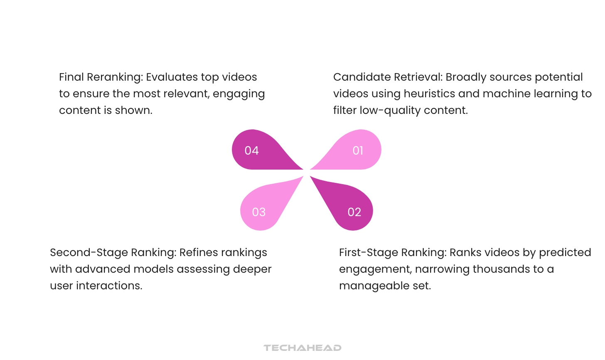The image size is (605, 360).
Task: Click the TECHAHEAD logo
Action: click(x=302, y=348)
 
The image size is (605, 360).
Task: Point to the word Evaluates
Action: click(x=172, y=77)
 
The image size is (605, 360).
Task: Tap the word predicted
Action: click(x=565, y=253)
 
